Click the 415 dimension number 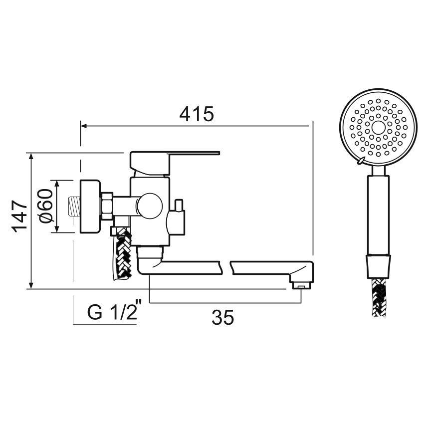coord(197,114)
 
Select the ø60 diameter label coord(45,206)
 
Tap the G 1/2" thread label coord(112,313)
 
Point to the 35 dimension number coord(222,317)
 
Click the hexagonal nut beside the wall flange coord(106,205)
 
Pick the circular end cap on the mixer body coord(150,205)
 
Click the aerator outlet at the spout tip coord(301,286)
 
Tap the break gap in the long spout coord(225,267)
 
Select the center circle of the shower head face coord(379,127)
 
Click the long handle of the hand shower coord(379,215)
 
